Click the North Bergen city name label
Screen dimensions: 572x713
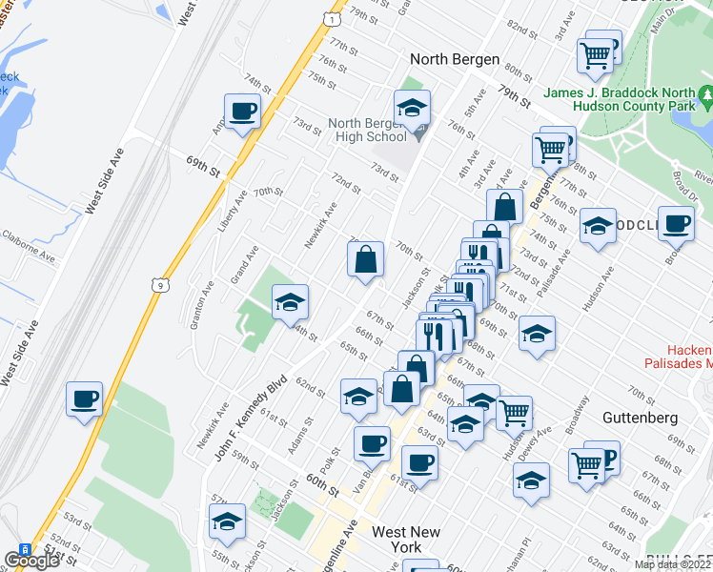[x=455, y=59]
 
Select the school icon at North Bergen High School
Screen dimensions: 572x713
[x=412, y=108]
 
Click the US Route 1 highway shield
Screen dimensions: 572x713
[x=330, y=18]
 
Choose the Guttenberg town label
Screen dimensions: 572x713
[x=640, y=418]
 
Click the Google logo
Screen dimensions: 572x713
[x=31, y=561]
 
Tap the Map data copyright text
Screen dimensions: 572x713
[x=673, y=564]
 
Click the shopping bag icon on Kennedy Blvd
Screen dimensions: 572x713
[x=365, y=259]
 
